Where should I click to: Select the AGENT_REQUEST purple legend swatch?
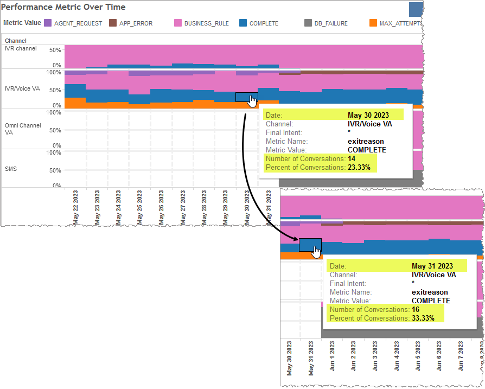(x=48, y=23)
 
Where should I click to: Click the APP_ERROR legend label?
(x=136, y=23)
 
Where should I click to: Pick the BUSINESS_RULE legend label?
(x=206, y=23)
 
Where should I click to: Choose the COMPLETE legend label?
(x=264, y=23)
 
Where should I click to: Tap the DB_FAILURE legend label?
(x=331, y=23)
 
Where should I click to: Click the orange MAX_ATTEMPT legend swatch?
(x=373, y=23)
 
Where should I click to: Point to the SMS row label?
(x=10, y=169)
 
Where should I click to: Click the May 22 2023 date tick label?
(x=75, y=207)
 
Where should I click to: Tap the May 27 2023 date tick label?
(x=183, y=207)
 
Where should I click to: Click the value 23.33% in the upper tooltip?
(x=359, y=168)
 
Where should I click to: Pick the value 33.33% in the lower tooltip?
(x=423, y=318)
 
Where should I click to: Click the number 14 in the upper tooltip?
(x=352, y=158)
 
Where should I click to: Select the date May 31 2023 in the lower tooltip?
(x=432, y=266)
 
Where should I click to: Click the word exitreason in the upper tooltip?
(x=366, y=141)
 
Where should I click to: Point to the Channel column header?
(x=16, y=41)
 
